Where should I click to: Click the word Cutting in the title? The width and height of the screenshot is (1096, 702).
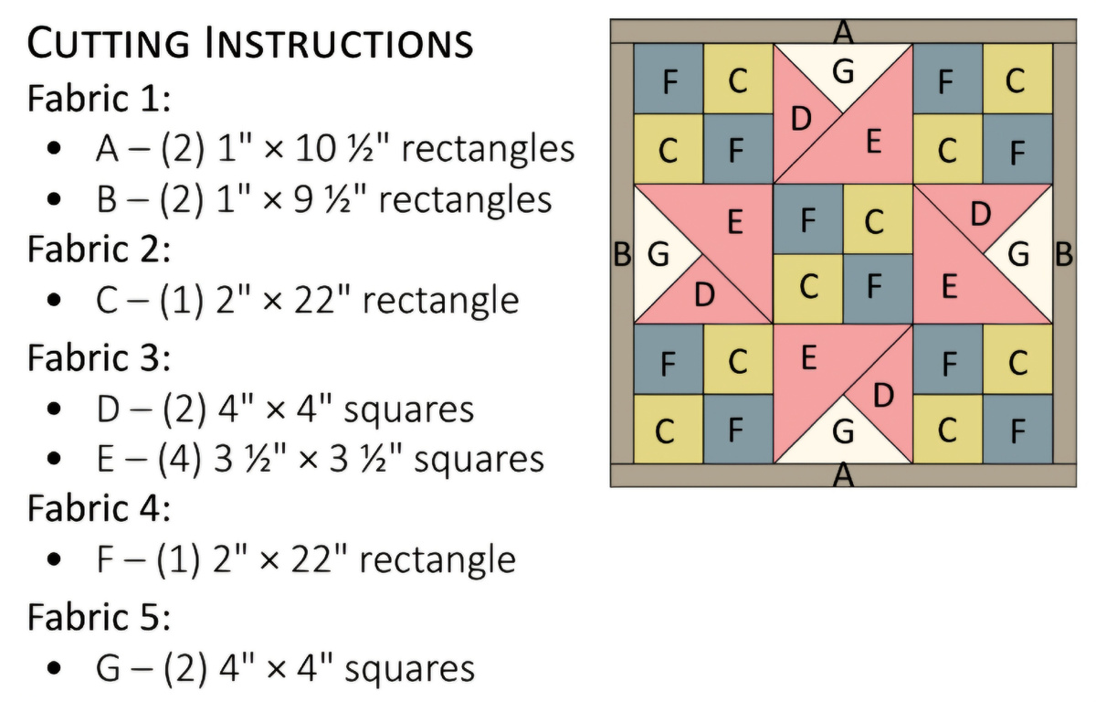108,42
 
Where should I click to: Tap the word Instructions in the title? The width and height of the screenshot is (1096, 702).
339,42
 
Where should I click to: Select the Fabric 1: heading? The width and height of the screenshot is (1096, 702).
99,99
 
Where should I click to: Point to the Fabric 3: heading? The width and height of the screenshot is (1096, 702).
99,357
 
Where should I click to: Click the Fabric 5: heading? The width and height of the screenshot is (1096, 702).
99,617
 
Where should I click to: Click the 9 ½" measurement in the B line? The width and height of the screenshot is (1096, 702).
328,199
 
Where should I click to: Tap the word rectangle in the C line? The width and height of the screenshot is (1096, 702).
441,300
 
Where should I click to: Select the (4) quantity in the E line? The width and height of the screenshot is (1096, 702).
180,459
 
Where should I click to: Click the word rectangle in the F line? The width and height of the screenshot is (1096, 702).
437,559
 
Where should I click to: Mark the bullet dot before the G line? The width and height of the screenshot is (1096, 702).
54,668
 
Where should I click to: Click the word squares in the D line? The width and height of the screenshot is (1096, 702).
409,409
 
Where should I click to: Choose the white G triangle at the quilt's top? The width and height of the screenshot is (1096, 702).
843,71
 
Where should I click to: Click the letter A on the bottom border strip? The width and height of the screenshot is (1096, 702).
843,474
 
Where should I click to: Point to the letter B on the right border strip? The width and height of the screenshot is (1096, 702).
1064,254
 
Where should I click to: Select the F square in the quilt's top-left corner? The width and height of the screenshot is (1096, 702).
669,79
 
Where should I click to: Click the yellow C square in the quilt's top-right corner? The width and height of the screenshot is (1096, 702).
1017,79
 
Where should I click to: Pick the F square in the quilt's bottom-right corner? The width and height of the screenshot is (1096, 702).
1017,429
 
